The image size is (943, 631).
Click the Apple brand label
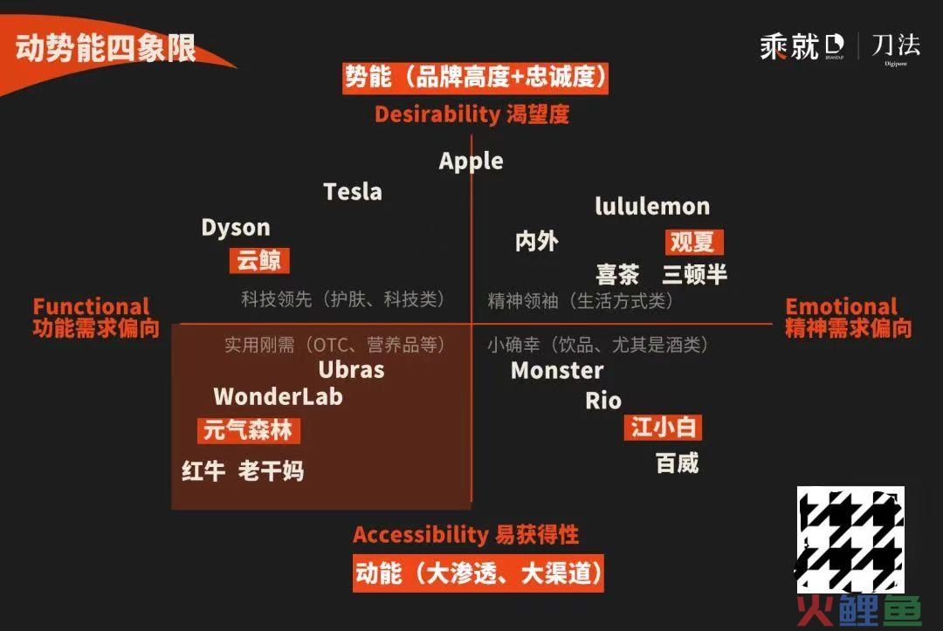pos(471,161)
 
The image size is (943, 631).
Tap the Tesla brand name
pos(353,192)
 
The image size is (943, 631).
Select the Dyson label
pos(236,228)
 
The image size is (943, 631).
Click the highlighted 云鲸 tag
pos(259,260)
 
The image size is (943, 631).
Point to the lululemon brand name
pos(652,206)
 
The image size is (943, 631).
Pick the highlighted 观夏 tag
pos(694,242)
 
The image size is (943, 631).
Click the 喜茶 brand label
pos(617,274)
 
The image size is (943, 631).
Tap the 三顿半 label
pos(695,274)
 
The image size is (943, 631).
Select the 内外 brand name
pos(537,242)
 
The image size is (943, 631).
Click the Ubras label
pos(351,369)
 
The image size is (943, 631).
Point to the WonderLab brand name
pos(279,396)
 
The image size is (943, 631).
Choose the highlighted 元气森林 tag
pos(248,430)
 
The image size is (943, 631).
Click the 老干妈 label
pos(272,470)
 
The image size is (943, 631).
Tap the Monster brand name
pos(557,371)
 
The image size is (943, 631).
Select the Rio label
pos(603,401)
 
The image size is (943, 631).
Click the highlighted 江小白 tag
pos(663,428)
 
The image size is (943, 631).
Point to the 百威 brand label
pos(678,463)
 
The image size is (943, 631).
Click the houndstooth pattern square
pos(850,539)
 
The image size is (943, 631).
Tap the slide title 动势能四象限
pos(106,48)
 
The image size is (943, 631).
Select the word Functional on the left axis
pos(92,306)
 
